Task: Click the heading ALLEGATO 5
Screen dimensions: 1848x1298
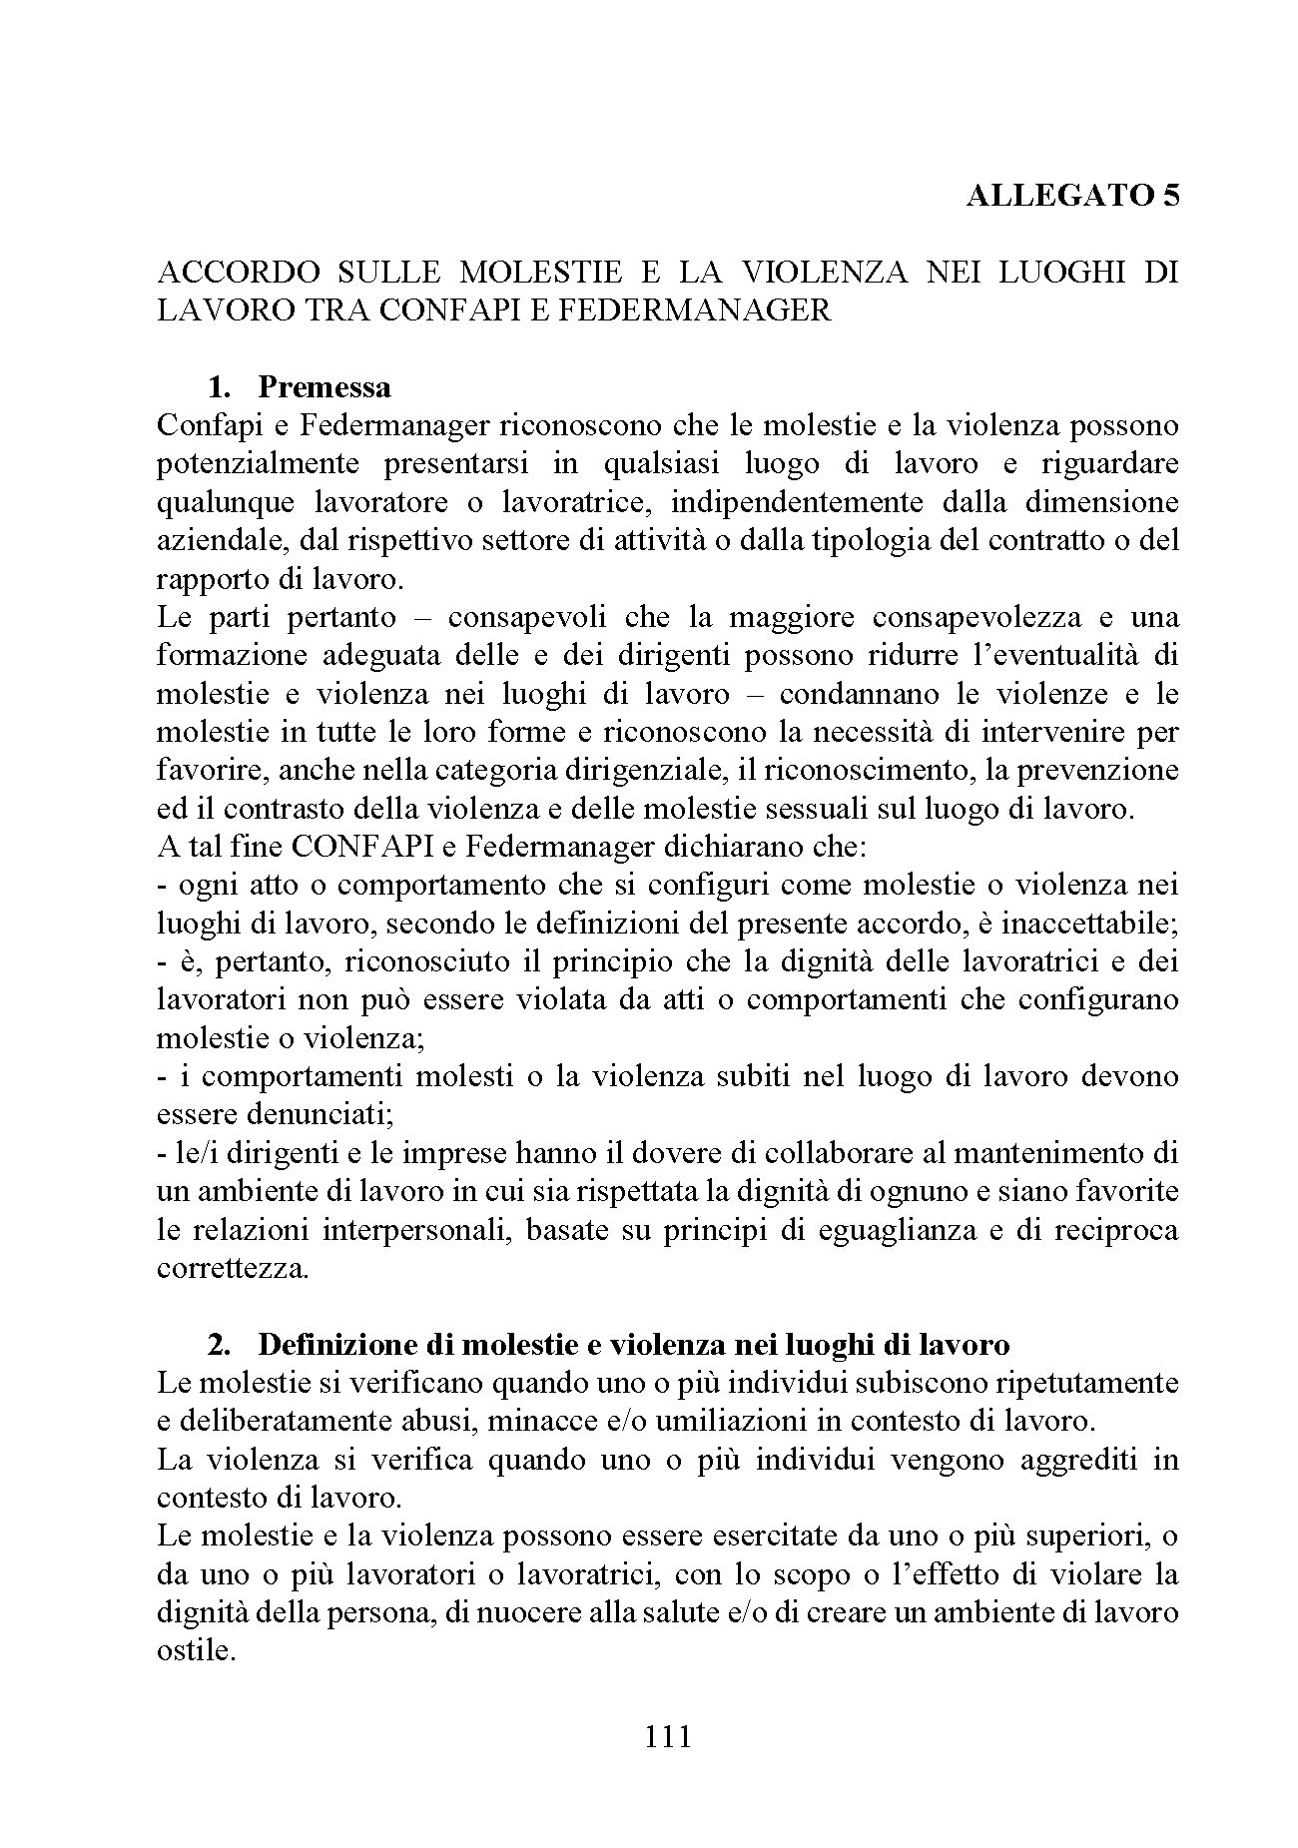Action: (1072, 195)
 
